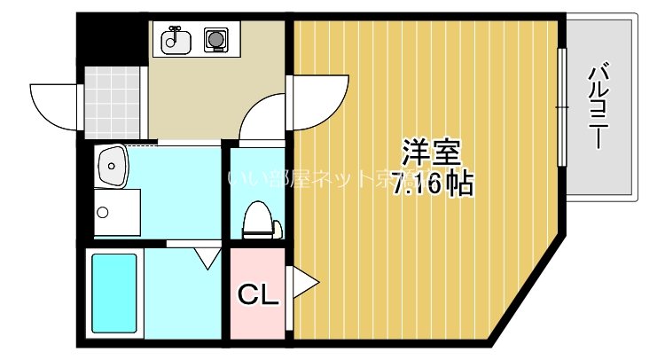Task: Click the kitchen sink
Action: click(176, 40)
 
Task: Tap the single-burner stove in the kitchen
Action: click(215, 40)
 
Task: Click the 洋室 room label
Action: click(432, 153)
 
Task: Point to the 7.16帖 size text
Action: click(432, 183)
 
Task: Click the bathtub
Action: click(113, 292)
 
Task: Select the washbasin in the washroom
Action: click(113, 166)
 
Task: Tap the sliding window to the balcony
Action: click(561, 106)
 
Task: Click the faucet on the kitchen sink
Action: click(176, 33)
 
